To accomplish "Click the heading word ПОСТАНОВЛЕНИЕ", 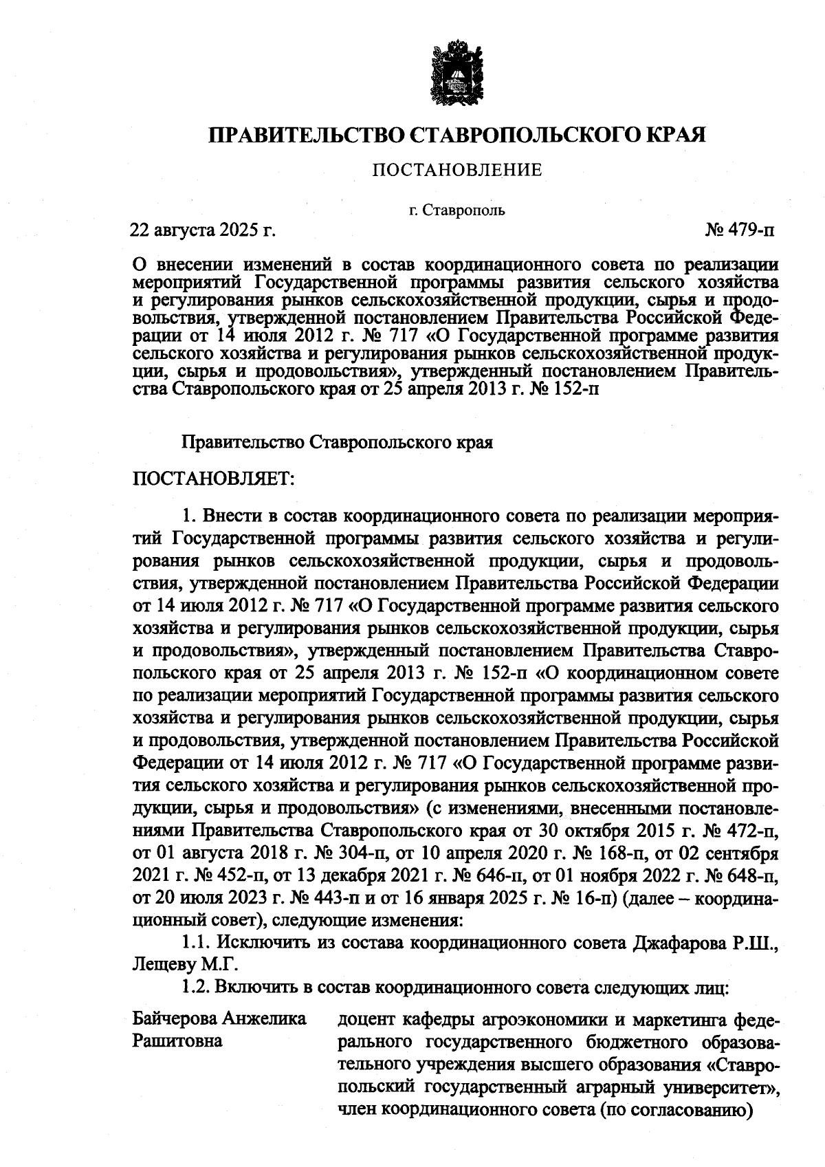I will [x=456, y=170].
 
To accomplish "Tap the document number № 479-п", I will [x=739, y=230].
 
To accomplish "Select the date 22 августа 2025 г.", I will [x=203, y=230].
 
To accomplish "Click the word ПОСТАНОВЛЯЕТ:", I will [x=212, y=478].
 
